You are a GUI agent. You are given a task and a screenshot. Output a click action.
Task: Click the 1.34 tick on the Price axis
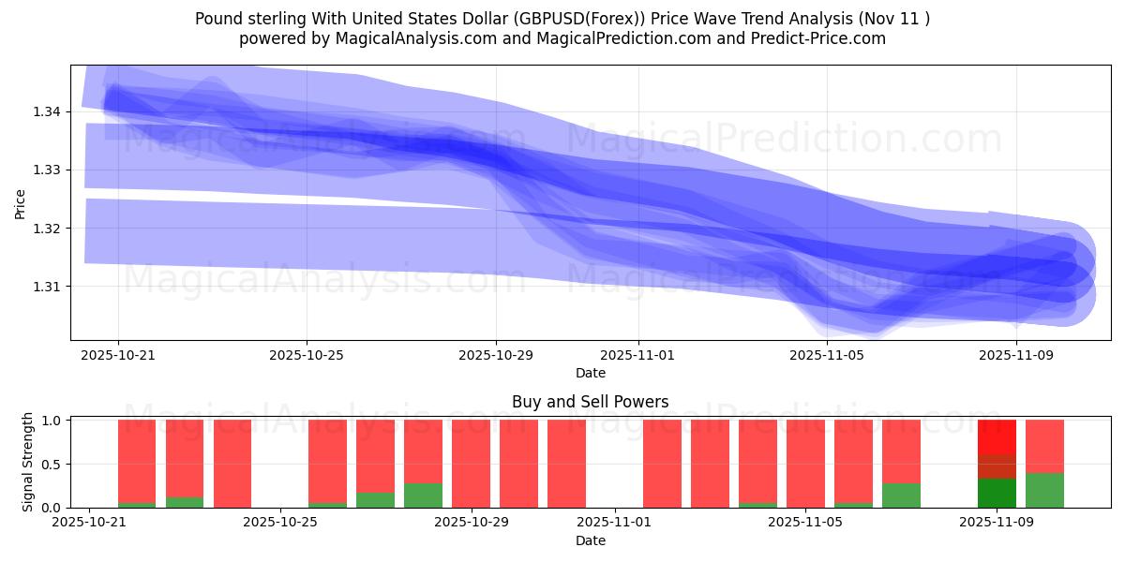click(x=46, y=111)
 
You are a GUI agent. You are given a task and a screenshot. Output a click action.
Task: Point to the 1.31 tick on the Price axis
click(x=46, y=286)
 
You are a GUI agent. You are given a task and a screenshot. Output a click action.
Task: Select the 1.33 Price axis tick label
click(x=46, y=170)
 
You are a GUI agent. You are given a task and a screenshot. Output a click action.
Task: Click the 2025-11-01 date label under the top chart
click(x=637, y=356)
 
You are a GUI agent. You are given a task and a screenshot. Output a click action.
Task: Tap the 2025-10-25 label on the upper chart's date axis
click(x=307, y=356)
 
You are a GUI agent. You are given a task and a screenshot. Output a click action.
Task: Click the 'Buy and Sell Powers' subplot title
click(x=590, y=402)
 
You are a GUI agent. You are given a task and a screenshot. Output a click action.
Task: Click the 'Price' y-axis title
click(x=21, y=203)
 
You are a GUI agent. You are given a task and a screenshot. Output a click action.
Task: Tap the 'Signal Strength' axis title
click(x=28, y=461)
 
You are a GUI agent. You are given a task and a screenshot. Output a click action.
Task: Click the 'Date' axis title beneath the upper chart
click(x=590, y=373)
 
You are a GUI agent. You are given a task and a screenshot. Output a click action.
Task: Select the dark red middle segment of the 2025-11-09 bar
click(x=997, y=466)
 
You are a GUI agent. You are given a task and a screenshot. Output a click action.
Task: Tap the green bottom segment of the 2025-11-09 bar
click(x=997, y=493)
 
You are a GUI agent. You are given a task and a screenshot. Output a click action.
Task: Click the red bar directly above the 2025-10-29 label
click(x=471, y=464)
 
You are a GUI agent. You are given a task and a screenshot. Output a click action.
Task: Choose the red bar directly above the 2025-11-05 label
click(x=805, y=464)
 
